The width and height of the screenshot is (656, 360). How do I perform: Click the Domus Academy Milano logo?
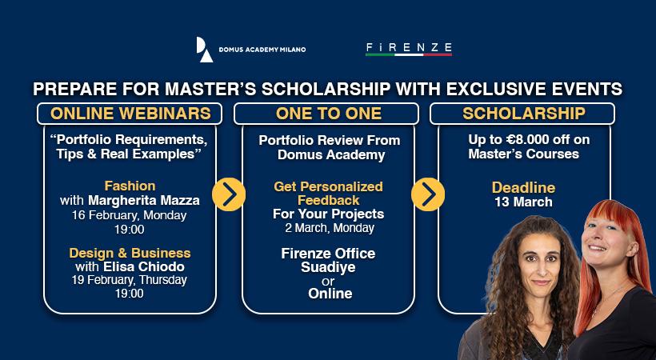[x=250, y=50]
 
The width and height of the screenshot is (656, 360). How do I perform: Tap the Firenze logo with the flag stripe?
[x=408, y=50]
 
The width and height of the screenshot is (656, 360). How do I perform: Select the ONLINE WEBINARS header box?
[x=130, y=114]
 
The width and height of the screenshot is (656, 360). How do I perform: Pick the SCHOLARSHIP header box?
[x=523, y=114]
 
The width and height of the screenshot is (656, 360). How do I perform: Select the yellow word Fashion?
[x=130, y=186]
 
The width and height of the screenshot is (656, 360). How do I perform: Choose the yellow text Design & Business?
[x=130, y=253]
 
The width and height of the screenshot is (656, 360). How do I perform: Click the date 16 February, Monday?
[x=130, y=214]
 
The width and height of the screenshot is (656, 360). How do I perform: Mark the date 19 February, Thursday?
[x=130, y=280]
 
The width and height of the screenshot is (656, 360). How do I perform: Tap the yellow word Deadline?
[x=523, y=187]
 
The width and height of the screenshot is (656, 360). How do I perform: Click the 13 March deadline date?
[x=523, y=202]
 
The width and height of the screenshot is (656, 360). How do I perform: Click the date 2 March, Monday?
[x=328, y=229]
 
